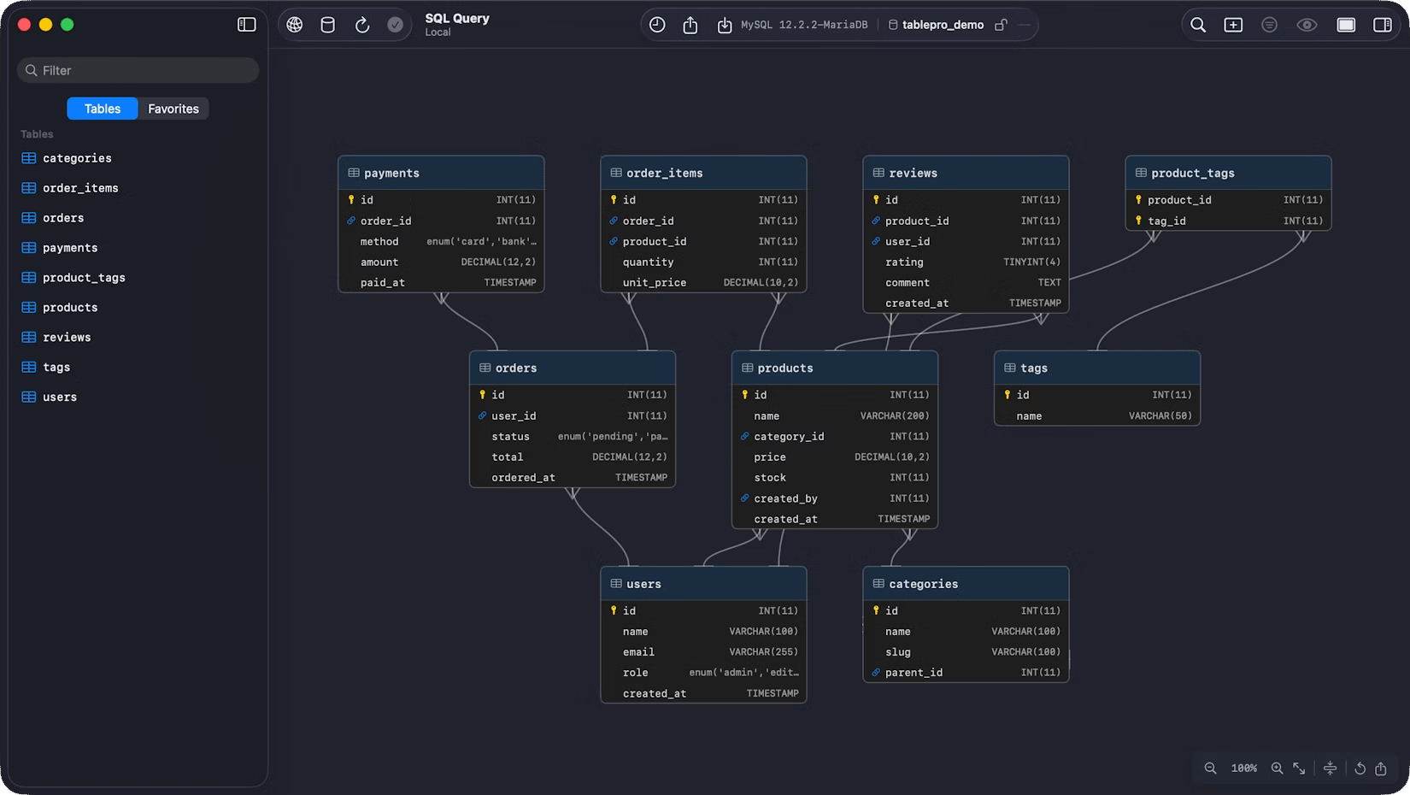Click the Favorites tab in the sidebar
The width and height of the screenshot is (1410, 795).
173,109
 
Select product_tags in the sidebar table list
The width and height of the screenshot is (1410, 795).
84,278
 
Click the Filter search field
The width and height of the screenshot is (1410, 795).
138,70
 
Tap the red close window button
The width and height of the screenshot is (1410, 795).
24,25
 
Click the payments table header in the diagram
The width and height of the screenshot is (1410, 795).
441,173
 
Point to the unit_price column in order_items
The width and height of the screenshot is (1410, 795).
654,283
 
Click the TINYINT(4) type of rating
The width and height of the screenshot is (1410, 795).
1031,262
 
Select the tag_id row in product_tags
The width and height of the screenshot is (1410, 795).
1228,221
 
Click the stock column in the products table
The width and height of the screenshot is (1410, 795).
770,478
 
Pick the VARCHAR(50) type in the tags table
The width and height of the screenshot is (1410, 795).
1160,416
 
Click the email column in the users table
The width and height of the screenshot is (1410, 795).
638,652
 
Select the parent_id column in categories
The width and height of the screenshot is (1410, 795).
914,673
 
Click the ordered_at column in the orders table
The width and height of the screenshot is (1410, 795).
523,478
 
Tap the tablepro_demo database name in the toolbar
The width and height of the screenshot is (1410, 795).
943,25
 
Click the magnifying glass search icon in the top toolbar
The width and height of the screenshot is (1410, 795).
1197,25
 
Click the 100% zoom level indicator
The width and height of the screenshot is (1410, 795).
1243,768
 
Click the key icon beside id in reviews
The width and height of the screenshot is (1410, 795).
876,200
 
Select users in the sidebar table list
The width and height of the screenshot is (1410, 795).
59,397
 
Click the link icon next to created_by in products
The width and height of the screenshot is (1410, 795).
744,498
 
